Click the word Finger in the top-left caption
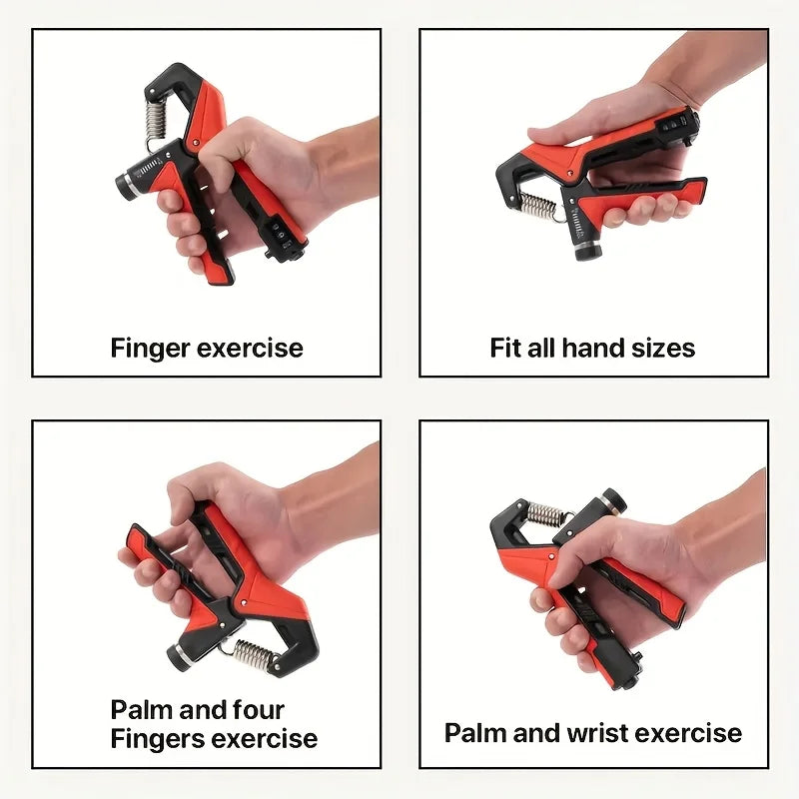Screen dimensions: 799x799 coord(150,349)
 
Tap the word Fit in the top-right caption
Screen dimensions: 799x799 coord(505,349)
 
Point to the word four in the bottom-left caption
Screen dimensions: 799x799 coord(260,710)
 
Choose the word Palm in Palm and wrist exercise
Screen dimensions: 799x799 coord(473,733)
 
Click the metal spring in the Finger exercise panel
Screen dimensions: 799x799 coord(155,119)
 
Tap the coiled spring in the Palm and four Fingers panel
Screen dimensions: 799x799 coord(254,657)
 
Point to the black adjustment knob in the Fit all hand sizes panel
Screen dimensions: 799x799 coord(587,247)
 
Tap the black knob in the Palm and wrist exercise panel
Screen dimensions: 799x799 coord(610,501)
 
